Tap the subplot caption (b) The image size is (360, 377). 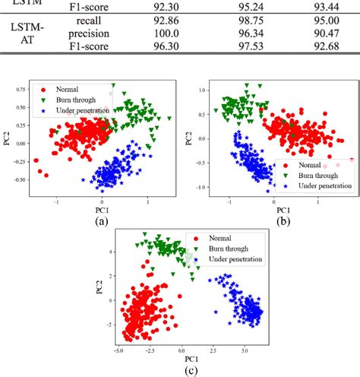(x=284, y=222)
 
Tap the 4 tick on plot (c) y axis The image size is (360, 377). (x=112, y=250)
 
